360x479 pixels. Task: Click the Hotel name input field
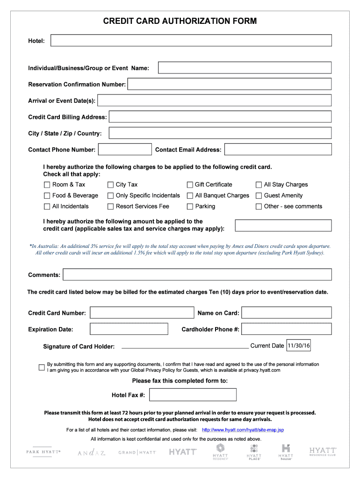pyautogui.click(x=191, y=41)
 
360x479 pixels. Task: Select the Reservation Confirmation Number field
pyautogui.click(x=230, y=84)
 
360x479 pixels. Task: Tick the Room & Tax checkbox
pyautogui.click(x=47, y=185)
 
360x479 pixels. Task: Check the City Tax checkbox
pyautogui.click(x=111, y=185)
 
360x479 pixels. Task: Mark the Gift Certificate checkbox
pyautogui.click(x=190, y=185)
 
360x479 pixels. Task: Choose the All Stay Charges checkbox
pyautogui.click(x=259, y=185)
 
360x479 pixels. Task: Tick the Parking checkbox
pyautogui.click(x=190, y=206)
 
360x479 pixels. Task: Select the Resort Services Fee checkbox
pyautogui.click(x=111, y=206)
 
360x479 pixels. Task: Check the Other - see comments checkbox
pyautogui.click(x=259, y=206)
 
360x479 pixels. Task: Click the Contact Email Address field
pyautogui.click(x=278, y=150)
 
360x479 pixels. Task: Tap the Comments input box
pyautogui.click(x=197, y=275)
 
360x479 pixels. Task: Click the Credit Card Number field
pyautogui.click(x=142, y=312)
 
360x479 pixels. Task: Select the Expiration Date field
pyautogui.click(x=129, y=329)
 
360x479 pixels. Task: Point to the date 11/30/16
pyautogui.click(x=299, y=346)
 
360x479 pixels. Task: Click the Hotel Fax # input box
pyautogui.click(x=193, y=395)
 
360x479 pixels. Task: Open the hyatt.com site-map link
pyautogui.click(x=243, y=430)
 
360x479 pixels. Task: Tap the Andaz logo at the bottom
pyautogui.click(x=92, y=452)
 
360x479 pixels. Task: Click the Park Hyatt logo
pyautogui.click(x=43, y=452)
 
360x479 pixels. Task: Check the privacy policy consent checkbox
pyautogui.click(x=42, y=367)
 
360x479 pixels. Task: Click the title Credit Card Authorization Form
pyautogui.click(x=180, y=21)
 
